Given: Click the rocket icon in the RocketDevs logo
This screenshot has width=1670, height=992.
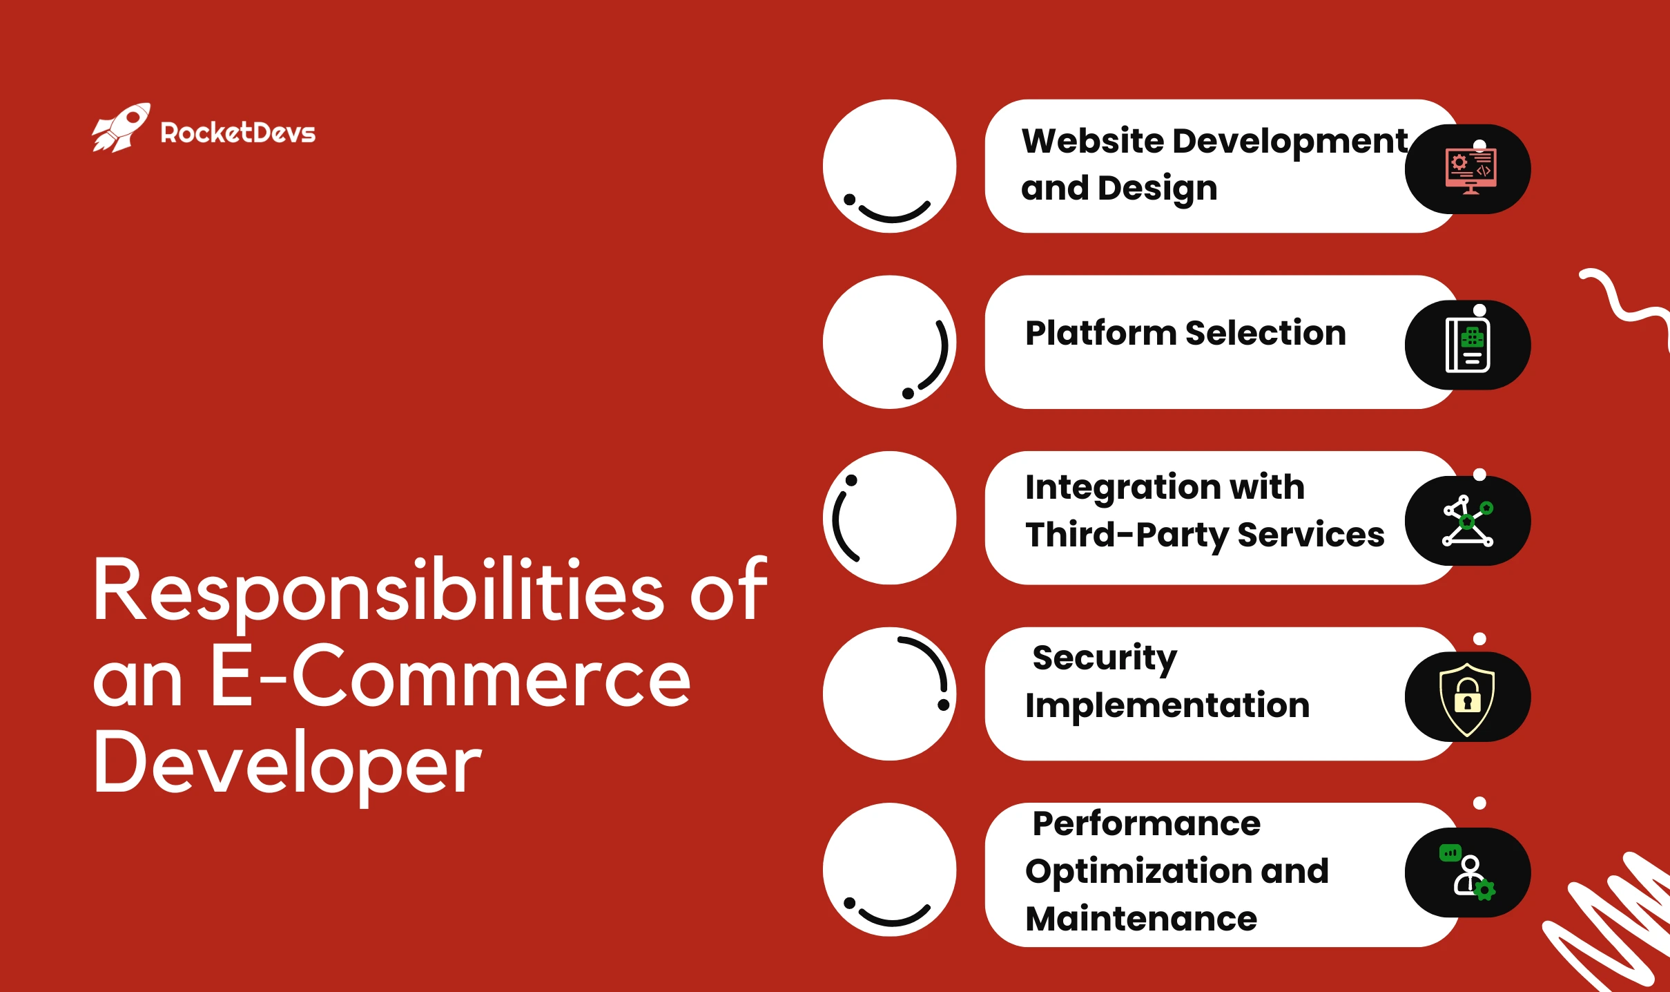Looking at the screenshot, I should point(122,128).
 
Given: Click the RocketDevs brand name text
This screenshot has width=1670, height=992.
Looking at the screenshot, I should point(237,133).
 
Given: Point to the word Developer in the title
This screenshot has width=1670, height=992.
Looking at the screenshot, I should point(287,764).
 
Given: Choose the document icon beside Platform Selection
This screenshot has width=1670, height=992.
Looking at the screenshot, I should point(1468,345).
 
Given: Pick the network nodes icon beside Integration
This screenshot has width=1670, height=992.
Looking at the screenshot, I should point(1468,522).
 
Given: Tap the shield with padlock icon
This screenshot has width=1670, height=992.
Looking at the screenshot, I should point(1467,698).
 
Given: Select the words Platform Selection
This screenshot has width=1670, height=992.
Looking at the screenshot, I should point(1185,333).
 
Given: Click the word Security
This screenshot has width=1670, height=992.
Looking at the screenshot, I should point(1105,658).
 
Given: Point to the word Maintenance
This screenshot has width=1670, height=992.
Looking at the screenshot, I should point(1141,919).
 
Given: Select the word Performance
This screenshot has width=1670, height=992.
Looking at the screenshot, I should point(1146,823).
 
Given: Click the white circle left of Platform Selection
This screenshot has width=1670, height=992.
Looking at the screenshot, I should point(889,343).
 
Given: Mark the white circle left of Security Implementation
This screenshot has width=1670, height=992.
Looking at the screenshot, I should point(889,694).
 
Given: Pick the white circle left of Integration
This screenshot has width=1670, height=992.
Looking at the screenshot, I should point(889,518).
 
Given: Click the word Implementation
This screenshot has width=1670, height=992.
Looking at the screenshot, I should point(1167,706).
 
